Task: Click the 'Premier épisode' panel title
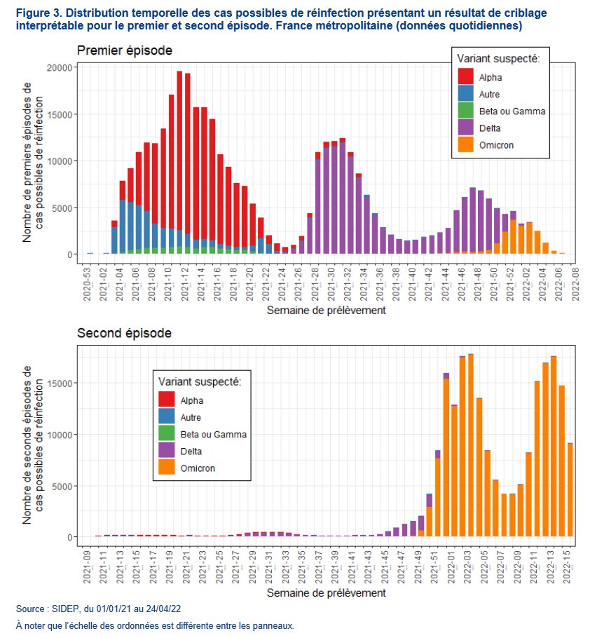[124, 50]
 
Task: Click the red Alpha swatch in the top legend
[465, 76]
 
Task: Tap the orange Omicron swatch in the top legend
[465, 145]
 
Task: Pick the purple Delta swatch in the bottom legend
[167, 451]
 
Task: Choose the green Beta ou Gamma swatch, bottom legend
[167, 434]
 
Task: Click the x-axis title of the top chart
[325, 308]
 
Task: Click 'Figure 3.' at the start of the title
[38, 13]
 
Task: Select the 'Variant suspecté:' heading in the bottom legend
[199, 382]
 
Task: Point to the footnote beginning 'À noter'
[155, 625]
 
